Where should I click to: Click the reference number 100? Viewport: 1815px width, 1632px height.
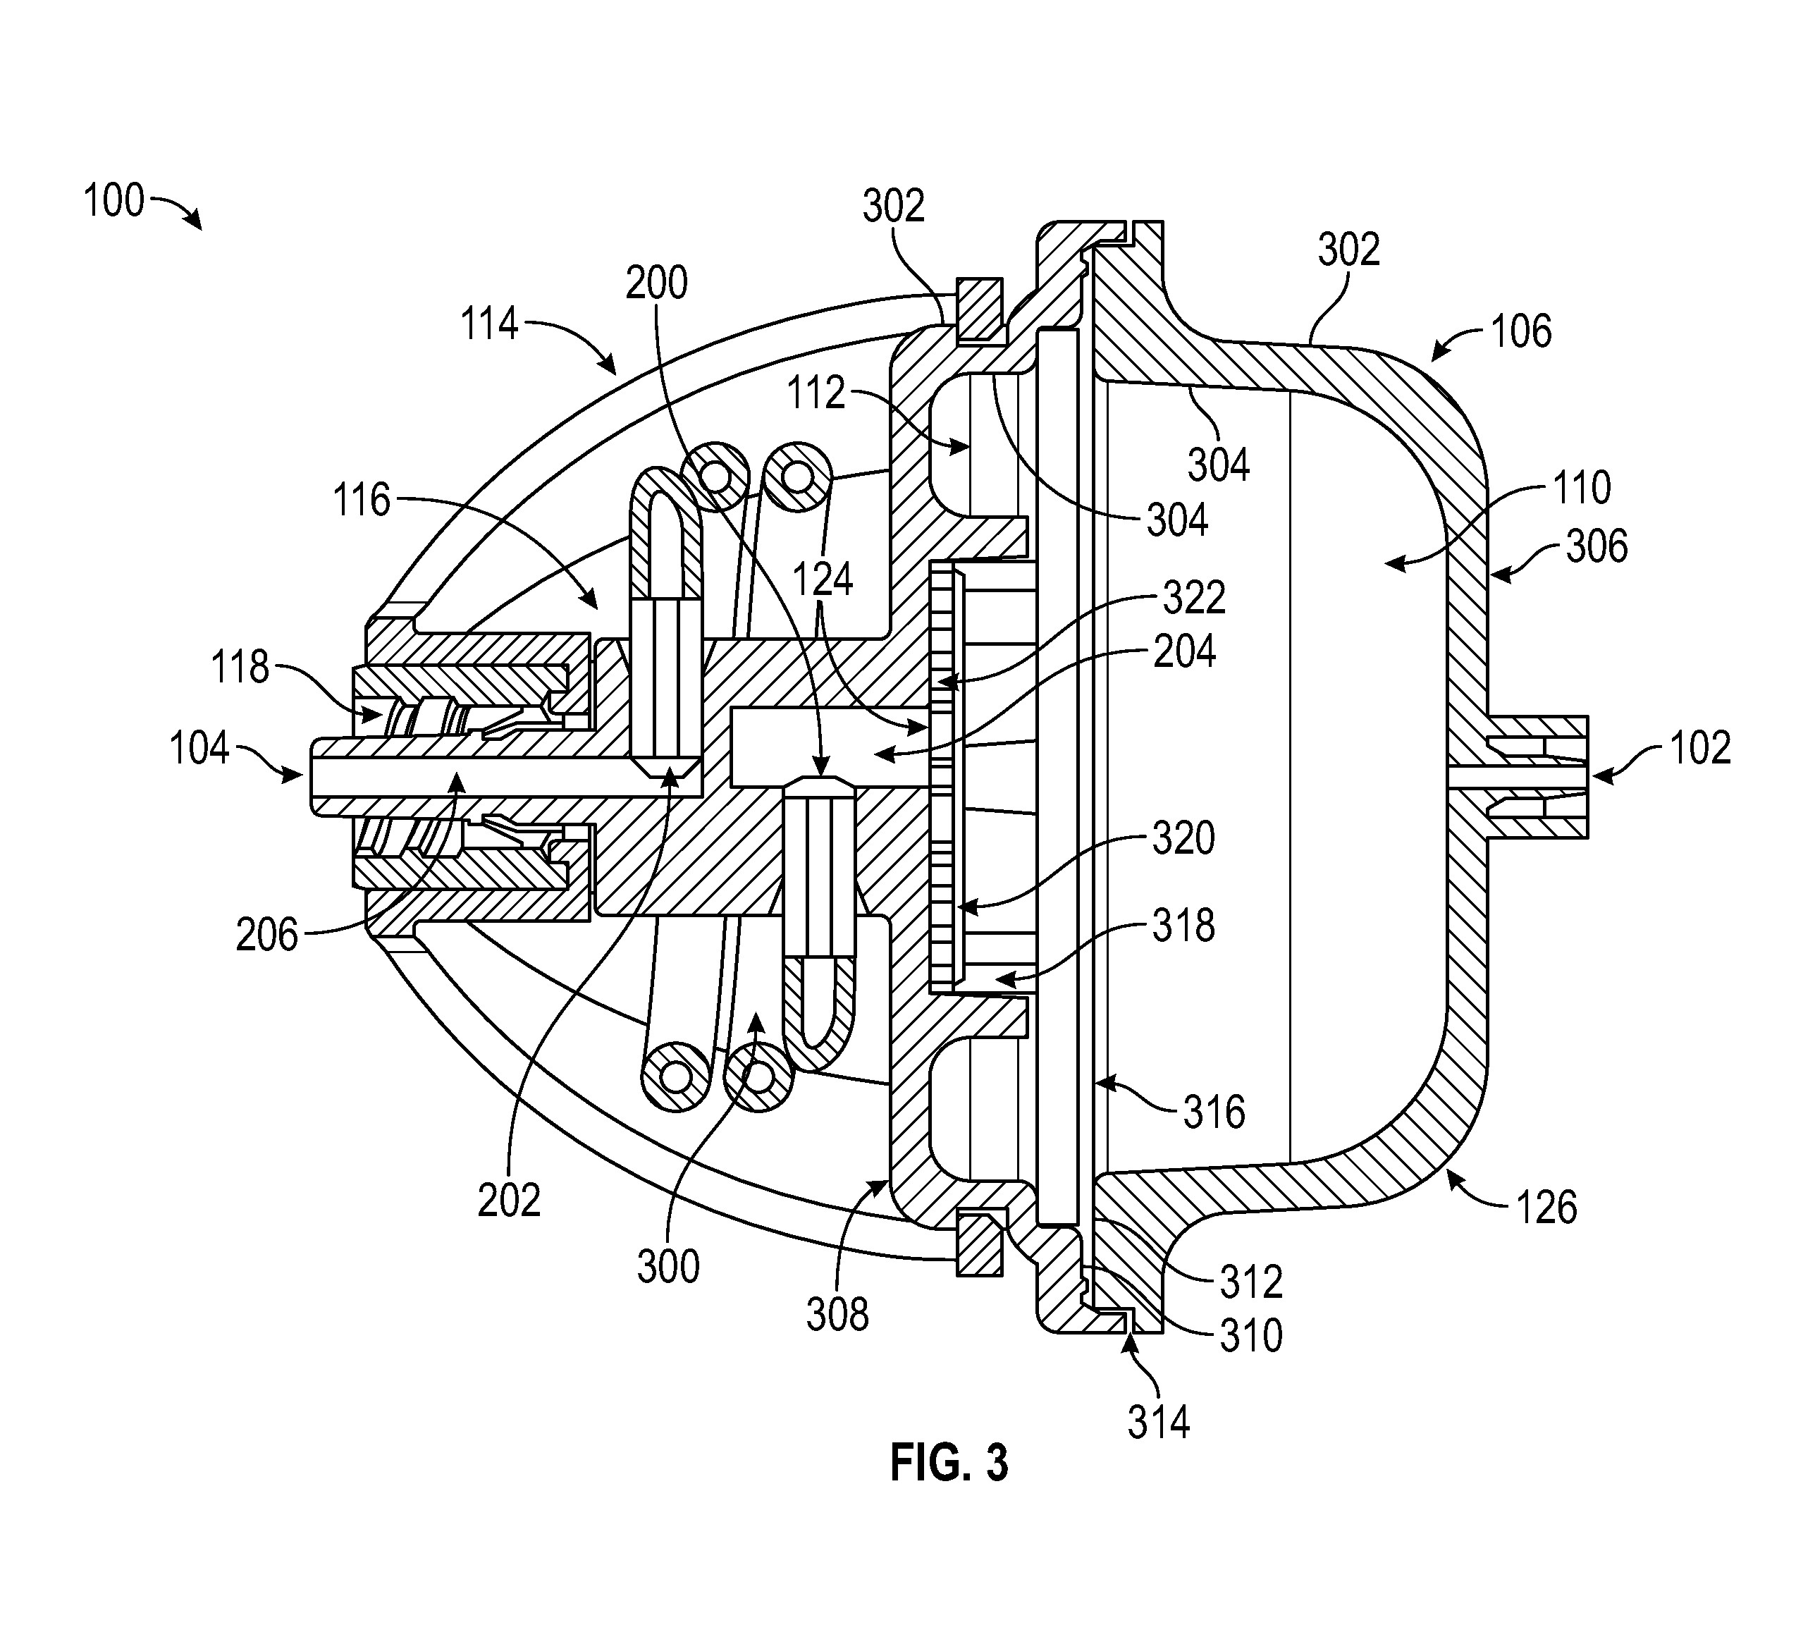[x=114, y=201]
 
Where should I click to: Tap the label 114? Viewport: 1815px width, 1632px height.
[x=490, y=323]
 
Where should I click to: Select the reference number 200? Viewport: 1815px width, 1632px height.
[x=656, y=283]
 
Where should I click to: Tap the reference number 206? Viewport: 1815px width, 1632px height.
[x=266, y=935]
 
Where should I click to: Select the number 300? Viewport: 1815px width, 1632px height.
[x=668, y=1267]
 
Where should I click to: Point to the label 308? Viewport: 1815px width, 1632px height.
[x=837, y=1315]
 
